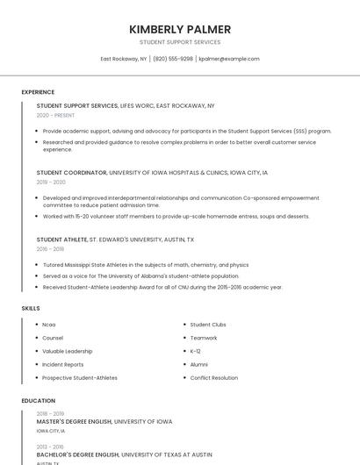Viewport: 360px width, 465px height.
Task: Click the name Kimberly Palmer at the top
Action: pyautogui.click(x=180, y=29)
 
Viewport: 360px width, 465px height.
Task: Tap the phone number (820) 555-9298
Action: pyautogui.click(x=173, y=59)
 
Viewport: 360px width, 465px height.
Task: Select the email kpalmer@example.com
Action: pyautogui.click(x=229, y=59)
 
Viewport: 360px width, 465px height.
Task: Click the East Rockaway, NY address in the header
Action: pyautogui.click(x=123, y=59)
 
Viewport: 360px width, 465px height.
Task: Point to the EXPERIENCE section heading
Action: pyautogui.click(x=38, y=92)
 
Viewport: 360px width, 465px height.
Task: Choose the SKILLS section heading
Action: pyautogui.click(x=31, y=309)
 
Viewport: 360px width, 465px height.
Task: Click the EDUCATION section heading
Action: pyautogui.click(x=38, y=401)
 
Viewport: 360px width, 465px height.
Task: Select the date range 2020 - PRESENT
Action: pyautogui.click(x=55, y=115)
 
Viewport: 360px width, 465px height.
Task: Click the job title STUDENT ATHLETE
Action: pyautogui.click(x=61, y=240)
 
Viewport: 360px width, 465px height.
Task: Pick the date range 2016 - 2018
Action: pyautogui.click(x=50, y=249)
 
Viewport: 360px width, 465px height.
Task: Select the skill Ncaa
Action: pyautogui.click(x=48, y=325)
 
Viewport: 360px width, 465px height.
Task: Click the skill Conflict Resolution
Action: pyautogui.click(x=213, y=378)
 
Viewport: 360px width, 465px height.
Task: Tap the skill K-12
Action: pyautogui.click(x=195, y=351)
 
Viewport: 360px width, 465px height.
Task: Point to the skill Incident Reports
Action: pyautogui.click(x=62, y=365)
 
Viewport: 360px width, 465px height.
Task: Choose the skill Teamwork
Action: pyautogui.click(x=203, y=338)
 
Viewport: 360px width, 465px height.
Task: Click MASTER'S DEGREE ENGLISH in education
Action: pyautogui.click(x=74, y=422)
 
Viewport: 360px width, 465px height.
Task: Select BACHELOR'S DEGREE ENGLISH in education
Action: pyautogui.click(x=77, y=455)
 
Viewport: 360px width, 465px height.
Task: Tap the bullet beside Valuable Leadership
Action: pyautogui.click(x=35, y=351)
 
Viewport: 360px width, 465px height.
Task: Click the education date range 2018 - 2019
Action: pyautogui.click(x=50, y=413)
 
